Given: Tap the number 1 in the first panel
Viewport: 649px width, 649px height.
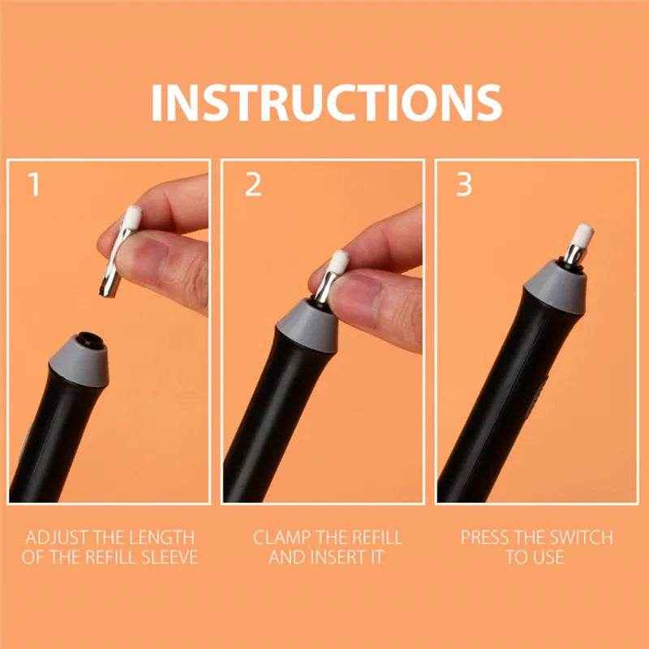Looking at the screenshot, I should [34, 186].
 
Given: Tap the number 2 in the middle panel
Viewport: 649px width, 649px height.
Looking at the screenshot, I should [252, 186].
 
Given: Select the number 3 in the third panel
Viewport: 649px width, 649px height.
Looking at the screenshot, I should [464, 186].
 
